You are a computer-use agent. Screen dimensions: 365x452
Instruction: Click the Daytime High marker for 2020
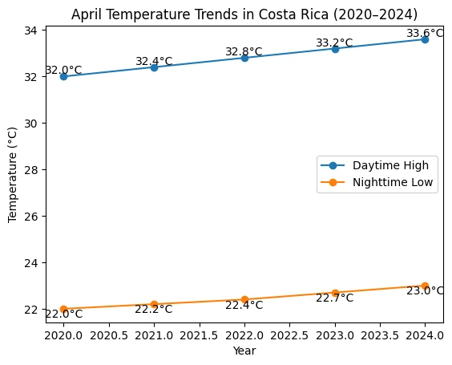[x=63, y=77]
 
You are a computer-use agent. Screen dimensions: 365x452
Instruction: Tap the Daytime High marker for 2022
[x=244, y=58]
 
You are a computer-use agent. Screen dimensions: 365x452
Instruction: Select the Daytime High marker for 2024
[x=425, y=39]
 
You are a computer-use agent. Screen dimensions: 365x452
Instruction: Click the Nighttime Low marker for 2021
[x=154, y=305]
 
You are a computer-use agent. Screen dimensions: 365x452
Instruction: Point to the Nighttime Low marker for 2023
[x=335, y=293]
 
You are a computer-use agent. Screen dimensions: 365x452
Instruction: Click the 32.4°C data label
[x=154, y=61]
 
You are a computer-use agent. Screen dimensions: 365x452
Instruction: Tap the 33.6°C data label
[x=425, y=33]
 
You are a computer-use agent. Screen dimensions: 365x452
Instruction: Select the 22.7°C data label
[x=335, y=298]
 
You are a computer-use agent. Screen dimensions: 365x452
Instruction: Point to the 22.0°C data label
[x=63, y=314]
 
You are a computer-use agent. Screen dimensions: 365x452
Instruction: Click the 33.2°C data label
[x=334, y=43]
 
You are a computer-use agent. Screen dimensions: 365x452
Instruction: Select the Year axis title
[x=244, y=351]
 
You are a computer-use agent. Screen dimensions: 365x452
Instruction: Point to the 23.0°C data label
[x=425, y=290]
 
